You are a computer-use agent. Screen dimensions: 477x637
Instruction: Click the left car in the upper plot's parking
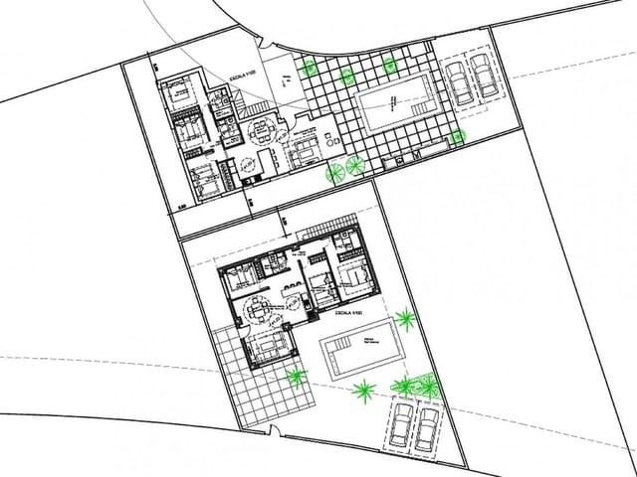click(459, 82)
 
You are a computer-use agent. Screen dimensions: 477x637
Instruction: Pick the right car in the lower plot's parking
click(429, 424)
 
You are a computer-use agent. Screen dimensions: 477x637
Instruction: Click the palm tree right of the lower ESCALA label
click(405, 319)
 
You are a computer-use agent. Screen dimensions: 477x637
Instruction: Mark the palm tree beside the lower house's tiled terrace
click(296, 375)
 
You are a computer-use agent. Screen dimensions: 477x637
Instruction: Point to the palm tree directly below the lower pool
click(364, 391)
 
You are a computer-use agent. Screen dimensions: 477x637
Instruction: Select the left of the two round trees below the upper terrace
click(336, 173)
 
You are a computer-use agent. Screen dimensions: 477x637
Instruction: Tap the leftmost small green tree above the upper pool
click(310, 68)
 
